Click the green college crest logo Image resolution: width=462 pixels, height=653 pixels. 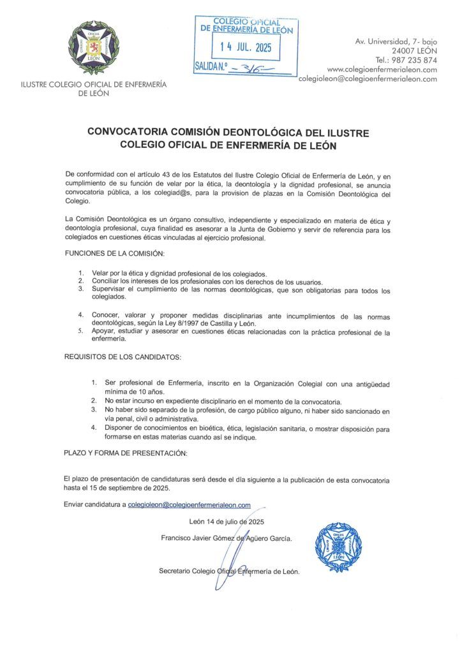coord(93,48)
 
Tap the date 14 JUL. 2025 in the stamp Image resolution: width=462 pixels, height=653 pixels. coord(246,47)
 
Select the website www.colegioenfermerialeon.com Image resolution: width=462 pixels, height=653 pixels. coord(382,70)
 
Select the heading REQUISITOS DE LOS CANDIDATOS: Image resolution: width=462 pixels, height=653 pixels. coord(123,356)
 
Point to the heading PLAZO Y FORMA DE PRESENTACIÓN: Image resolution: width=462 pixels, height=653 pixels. coord(125,453)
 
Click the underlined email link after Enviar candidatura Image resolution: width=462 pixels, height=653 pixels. coord(189,504)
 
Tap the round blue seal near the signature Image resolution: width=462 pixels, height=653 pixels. coord(338,546)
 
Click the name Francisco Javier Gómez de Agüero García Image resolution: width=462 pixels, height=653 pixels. coord(227,538)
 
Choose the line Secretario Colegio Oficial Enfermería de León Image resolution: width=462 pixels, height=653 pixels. coord(229,571)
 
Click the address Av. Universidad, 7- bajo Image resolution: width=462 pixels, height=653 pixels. coord(396,41)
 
